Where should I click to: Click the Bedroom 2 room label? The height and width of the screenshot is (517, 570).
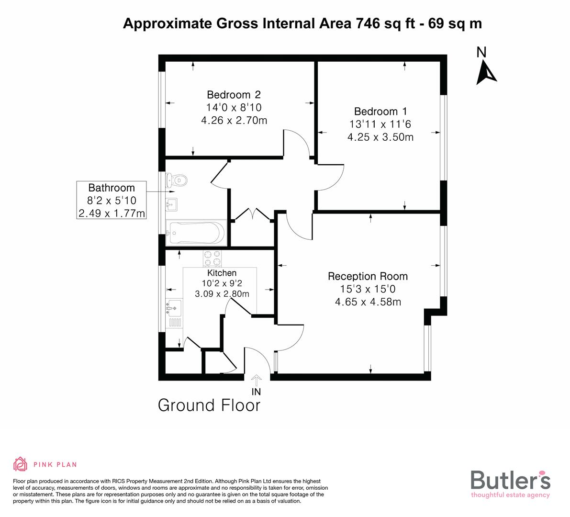click(x=234, y=94)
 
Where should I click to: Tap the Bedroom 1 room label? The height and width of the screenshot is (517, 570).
click(x=380, y=112)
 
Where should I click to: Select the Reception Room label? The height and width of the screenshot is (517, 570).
click(x=368, y=276)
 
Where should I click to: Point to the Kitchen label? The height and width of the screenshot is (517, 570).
click(x=222, y=273)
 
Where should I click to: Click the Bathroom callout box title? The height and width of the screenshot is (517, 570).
click(x=112, y=188)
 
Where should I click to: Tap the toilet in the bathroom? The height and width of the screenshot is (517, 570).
click(x=176, y=180)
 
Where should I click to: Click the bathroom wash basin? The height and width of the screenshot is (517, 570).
click(x=171, y=205)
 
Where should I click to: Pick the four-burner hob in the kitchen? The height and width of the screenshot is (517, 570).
click(x=212, y=258)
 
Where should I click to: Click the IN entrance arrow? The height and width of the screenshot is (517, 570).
click(x=257, y=381)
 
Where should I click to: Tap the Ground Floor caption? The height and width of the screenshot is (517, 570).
click(x=209, y=405)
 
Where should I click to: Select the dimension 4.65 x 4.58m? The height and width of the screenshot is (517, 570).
click(x=368, y=302)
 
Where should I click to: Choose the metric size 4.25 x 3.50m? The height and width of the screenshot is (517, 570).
click(x=380, y=137)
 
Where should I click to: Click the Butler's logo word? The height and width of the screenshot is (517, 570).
click(x=510, y=480)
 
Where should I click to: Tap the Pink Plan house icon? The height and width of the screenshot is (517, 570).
click(x=21, y=464)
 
